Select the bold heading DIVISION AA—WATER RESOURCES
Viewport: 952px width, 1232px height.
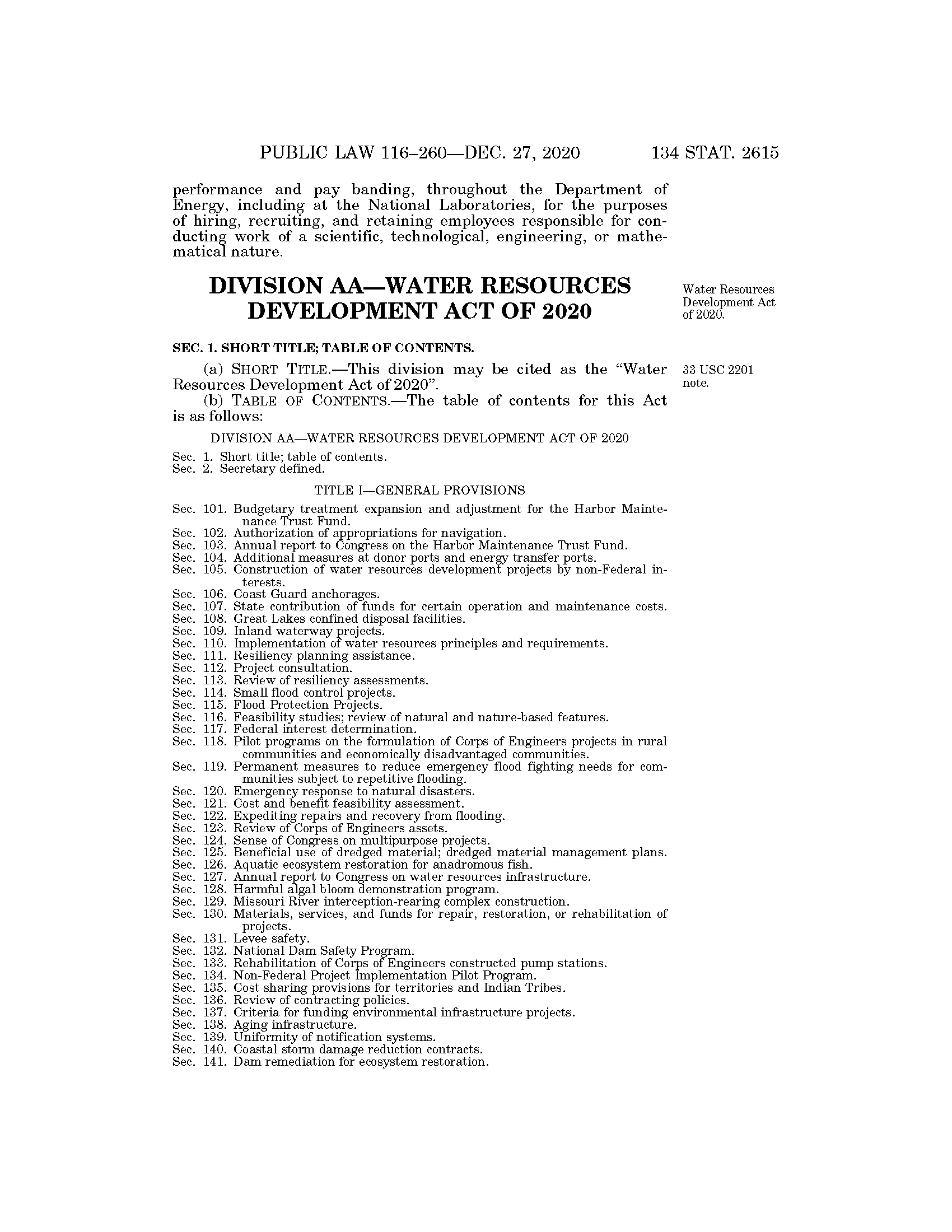click(x=419, y=286)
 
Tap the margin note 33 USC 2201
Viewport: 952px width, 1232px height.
click(x=717, y=371)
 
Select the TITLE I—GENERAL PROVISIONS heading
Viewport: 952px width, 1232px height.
click(x=419, y=489)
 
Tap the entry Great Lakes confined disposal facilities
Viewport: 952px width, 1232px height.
click(x=349, y=619)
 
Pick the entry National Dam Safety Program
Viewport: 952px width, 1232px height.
click(x=324, y=951)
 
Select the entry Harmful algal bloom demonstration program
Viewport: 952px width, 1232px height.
click(x=366, y=890)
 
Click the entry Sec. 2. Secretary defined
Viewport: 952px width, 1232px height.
click(x=248, y=469)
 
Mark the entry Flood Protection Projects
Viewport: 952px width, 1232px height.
click(x=308, y=705)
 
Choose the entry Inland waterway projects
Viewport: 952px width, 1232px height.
click(x=309, y=631)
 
